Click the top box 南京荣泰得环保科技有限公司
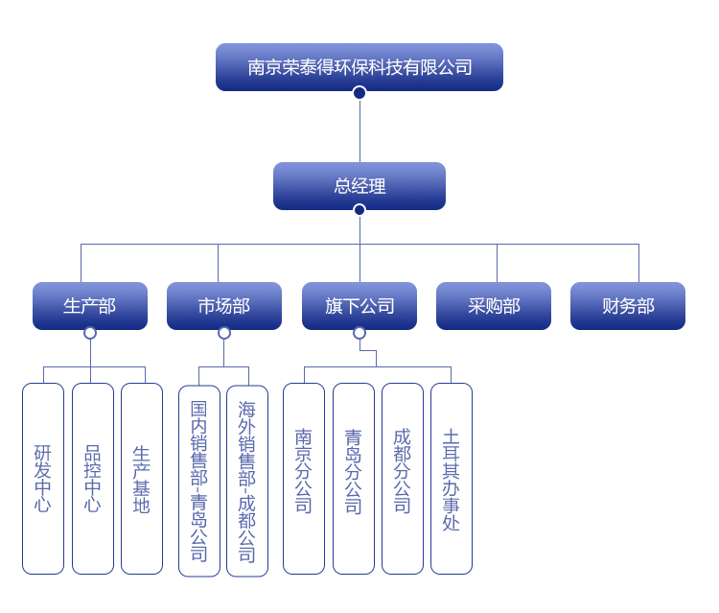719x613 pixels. [x=359, y=67]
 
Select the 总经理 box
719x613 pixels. [x=359, y=185]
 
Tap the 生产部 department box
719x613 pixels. [x=90, y=305]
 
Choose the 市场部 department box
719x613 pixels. [x=224, y=305]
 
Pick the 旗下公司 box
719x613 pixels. [x=359, y=305]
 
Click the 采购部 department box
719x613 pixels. [x=494, y=305]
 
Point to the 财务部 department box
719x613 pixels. [x=628, y=305]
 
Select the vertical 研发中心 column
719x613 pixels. [x=43, y=478]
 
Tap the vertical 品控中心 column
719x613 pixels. [x=93, y=478]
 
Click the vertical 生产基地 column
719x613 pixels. [x=142, y=478]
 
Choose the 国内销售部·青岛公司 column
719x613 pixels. [x=199, y=481]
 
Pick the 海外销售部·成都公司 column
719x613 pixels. [x=247, y=481]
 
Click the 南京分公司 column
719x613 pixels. [x=304, y=478]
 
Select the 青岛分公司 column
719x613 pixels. [x=354, y=478]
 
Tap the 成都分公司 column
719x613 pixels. [x=403, y=478]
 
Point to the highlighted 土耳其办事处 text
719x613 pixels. [x=452, y=480]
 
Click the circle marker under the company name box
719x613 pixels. [x=359, y=93]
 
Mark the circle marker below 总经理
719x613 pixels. [x=359, y=210]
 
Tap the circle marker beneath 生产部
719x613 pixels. [x=90, y=333]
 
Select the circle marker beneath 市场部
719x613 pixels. [x=224, y=333]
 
